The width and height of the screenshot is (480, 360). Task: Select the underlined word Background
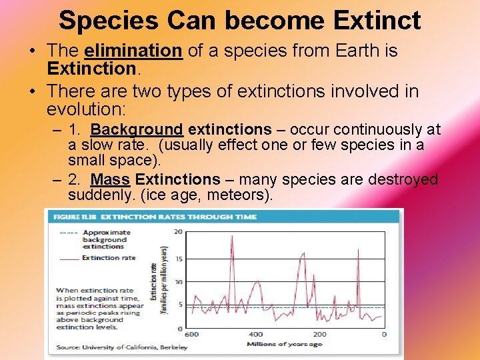point(137,129)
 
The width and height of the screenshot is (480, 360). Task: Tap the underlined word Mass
point(110,179)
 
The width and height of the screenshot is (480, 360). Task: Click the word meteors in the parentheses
point(237,195)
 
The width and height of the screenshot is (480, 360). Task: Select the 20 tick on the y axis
point(178,232)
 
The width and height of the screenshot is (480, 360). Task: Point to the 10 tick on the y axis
point(178,282)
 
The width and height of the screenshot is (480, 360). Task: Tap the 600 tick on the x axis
point(191,335)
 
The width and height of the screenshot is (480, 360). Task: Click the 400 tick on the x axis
point(255,335)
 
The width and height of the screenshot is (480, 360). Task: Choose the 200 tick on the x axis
point(319,335)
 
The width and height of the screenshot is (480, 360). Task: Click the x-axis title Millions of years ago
point(285,345)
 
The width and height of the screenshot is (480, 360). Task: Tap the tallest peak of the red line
point(231,236)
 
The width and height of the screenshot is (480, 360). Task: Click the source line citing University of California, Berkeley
point(122,347)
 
